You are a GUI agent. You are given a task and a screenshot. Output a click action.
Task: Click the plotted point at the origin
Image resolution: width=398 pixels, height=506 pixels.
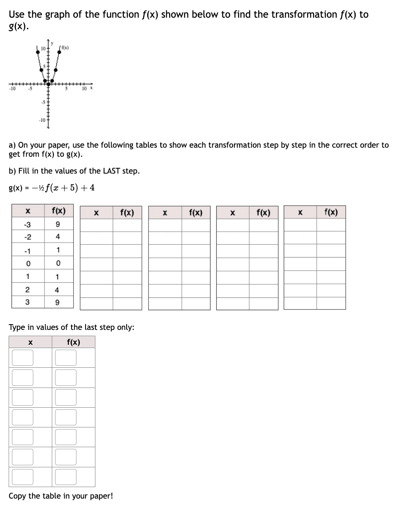pos(48,84)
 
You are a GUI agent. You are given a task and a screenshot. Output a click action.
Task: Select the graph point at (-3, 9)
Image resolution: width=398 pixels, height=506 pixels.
pos(38,52)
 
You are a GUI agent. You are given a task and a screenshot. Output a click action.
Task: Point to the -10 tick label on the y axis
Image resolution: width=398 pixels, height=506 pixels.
pos(42,120)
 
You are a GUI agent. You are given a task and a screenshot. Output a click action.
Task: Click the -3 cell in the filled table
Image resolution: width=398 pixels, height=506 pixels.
pos(27,224)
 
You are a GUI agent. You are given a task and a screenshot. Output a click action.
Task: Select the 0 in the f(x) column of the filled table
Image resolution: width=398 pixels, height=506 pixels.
pos(58,263)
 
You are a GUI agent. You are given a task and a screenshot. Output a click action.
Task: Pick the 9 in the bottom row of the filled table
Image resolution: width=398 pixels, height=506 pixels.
pos(58,302)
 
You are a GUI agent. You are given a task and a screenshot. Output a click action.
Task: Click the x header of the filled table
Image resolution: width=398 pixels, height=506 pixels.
pos(27,211)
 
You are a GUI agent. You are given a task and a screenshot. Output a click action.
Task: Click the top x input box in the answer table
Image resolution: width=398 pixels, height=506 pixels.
pos(23,357)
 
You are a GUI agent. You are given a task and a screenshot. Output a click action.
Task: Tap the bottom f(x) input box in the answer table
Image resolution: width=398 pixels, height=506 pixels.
pos(66,477)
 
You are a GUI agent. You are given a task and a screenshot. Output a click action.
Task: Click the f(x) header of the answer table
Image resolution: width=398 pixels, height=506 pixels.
pos(73,342)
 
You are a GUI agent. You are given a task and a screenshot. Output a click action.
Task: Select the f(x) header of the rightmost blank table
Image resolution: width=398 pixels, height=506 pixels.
pos(331,212)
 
